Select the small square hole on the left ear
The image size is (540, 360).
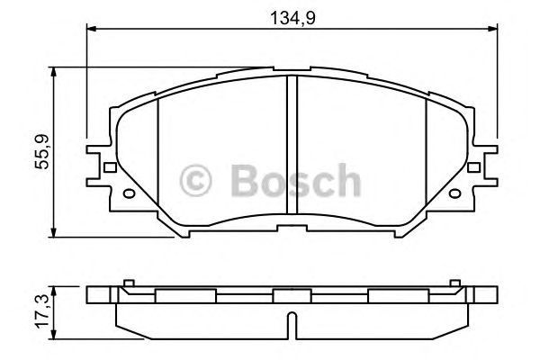110,166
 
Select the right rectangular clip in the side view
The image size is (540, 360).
397,295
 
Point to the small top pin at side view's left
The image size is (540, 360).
129,284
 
